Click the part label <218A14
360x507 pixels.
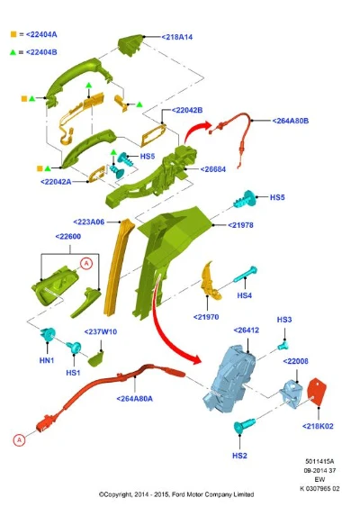pos(177,37)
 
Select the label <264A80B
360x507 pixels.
pos(290,121)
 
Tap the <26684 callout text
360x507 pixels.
pos(213,169)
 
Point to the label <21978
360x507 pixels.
pos(241,225)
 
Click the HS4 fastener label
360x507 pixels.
pos(244,295)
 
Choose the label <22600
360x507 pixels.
pos(68,236)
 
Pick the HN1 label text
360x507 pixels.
pos(47,360)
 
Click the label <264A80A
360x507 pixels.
pos(134,399)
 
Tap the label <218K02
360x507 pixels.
pos(318,426)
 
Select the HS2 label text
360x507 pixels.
pos(239,456)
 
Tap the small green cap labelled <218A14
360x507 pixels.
pos(130,45)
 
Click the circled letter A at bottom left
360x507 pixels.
pos(19,440)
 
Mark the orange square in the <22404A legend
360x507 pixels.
pos(13,34)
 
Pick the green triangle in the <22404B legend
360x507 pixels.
pos(13,52)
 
